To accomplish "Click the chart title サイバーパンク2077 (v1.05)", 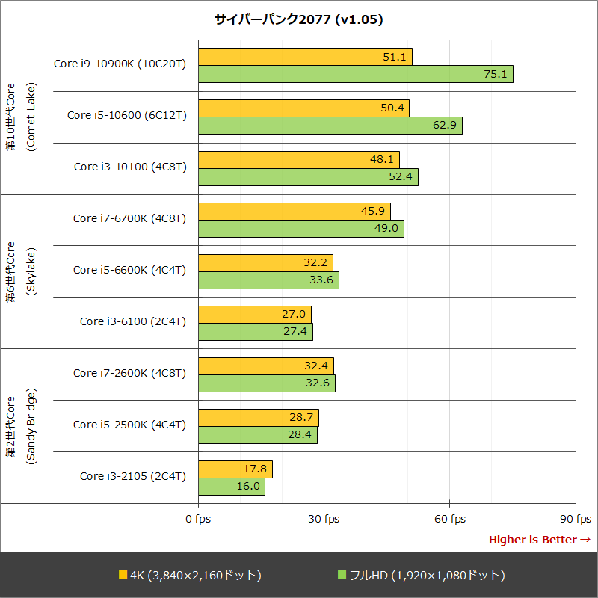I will coord(299,19).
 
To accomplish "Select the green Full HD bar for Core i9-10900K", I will coord(355,74).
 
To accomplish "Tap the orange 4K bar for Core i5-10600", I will coord(303,108).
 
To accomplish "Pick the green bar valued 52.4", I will coord(308,177).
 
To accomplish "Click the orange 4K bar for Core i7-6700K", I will coord(294,212).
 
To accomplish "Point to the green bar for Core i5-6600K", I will coord(268,280).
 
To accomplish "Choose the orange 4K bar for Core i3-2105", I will coord(235,469).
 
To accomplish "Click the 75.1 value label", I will coord(496,74).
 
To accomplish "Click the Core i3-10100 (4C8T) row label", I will coord(129,167).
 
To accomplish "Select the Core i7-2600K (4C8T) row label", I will coord(129,373).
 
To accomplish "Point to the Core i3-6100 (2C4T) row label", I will coord(132,321).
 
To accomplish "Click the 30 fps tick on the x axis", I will coord(324,519).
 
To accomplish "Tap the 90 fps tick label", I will coord(576,519).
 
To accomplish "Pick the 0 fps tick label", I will coord(198,519).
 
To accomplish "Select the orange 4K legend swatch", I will coord(123,575).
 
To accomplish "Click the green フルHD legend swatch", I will coord(342,575).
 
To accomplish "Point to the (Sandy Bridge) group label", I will coord(31,426).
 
